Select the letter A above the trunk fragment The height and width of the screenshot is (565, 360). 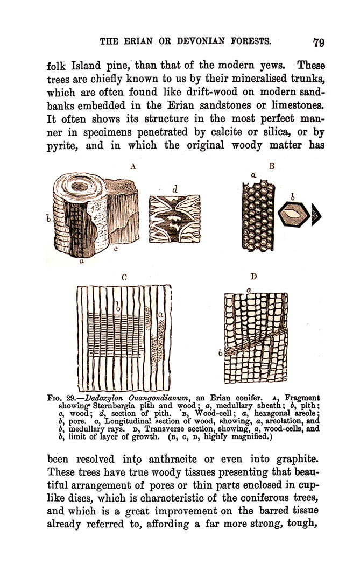tap(132, 167)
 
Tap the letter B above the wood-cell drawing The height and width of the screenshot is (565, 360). tap(272, 167)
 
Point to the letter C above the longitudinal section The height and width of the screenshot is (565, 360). tap(124, 278)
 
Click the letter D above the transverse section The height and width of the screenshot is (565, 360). tap(253, 277)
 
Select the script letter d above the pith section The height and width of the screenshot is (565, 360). tap(175, 189)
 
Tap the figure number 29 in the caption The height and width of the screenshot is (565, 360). tap(72, 398)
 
